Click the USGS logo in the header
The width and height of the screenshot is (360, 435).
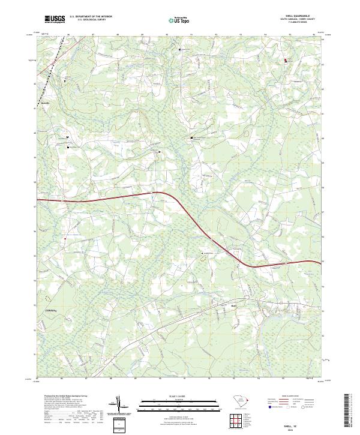pos(55,20)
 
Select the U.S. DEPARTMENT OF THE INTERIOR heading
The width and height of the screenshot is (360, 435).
pos(91,17)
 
